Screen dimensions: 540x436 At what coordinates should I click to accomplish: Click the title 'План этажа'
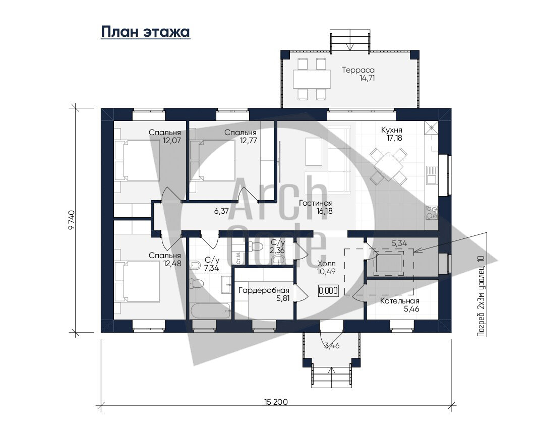(145, 32)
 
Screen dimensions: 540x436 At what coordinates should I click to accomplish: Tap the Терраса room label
(358, 70)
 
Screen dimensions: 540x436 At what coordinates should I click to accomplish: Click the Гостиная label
(316, 203)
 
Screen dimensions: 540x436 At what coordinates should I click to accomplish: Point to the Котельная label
(399, 301)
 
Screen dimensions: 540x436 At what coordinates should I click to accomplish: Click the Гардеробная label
(264, 290)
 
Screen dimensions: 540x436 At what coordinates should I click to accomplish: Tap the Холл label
(327, 264)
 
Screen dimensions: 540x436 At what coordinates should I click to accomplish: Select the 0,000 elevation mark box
(328, 290)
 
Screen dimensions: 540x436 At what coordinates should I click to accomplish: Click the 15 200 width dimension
(276, 402)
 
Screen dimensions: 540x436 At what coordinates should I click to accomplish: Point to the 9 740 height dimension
(71, 220)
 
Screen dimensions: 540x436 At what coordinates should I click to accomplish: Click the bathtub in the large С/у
(210, 310)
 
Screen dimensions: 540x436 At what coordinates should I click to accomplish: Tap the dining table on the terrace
(312, 79)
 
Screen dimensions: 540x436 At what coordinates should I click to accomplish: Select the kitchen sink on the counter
(432, 175)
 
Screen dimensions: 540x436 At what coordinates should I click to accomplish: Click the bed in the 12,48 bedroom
(137, 281)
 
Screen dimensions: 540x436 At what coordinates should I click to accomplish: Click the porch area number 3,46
(332, 345)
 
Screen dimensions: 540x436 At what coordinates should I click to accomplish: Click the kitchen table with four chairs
(388, 166)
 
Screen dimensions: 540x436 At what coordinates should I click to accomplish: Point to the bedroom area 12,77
(248, 141)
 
